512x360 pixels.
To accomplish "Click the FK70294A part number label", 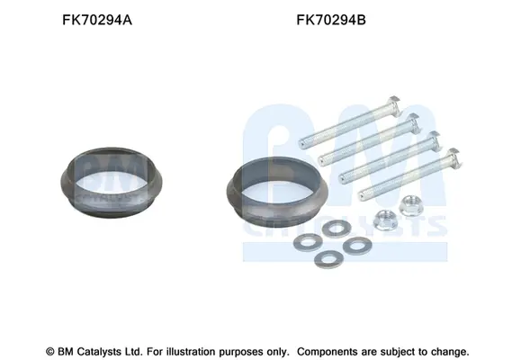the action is click(97, 21).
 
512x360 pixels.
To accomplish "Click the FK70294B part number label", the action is click(331, 21).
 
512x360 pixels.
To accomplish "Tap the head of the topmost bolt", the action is click(394, 105).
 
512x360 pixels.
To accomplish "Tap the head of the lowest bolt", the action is click(454, 157).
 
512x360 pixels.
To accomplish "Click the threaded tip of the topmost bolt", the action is click(302, 143).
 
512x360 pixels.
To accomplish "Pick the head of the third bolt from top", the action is click(435, 140).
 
